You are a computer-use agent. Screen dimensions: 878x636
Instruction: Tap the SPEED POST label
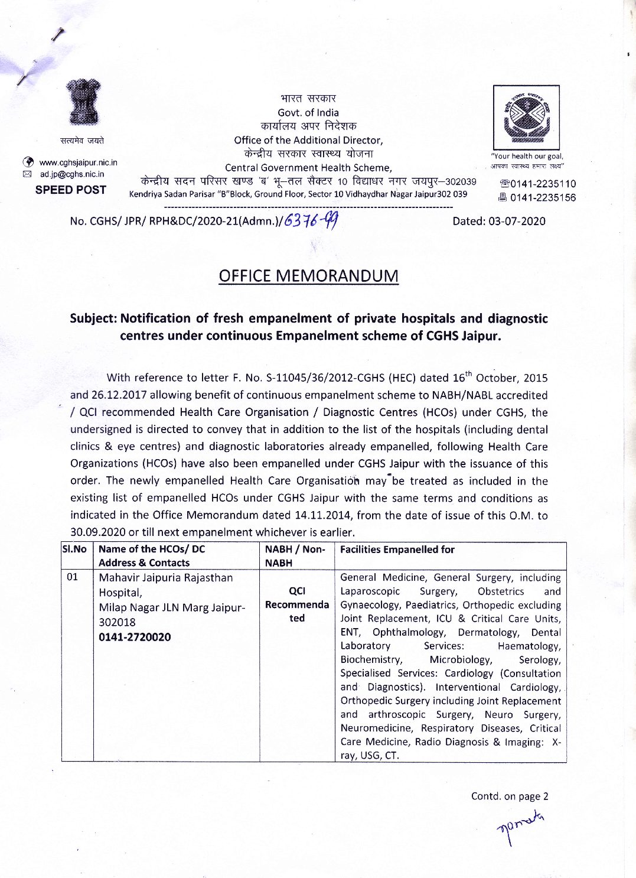tap(71, 190)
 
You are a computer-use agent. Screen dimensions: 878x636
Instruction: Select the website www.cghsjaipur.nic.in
tap(78, 162)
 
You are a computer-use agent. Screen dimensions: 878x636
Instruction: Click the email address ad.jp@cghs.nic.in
tap(72, 174)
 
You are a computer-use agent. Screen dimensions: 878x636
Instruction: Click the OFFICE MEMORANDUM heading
tap(308, 276)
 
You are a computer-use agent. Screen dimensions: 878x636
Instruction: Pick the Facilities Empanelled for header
tap(397, 550)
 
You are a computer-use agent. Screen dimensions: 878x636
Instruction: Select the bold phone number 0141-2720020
tap(135, 637)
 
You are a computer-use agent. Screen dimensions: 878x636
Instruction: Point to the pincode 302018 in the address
tap(117, 622)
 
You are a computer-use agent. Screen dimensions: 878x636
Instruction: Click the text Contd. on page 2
tap(510, 796)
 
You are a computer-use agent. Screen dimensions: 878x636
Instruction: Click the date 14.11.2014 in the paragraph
tap(322, 515)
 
